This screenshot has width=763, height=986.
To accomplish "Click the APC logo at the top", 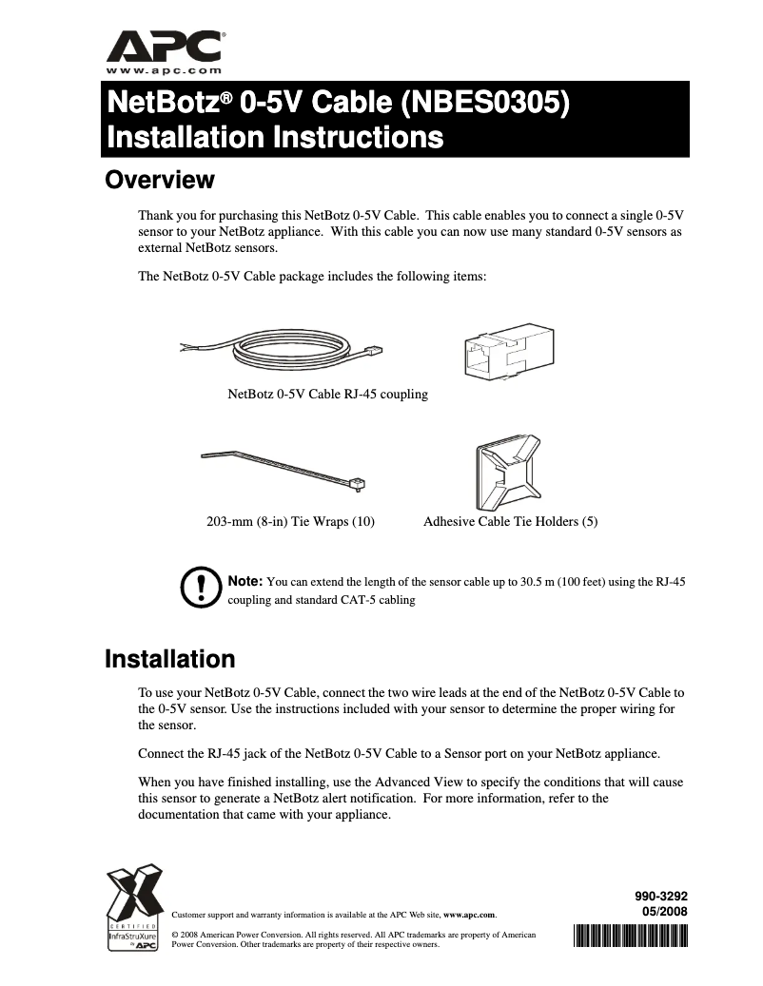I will (x=165, y=46).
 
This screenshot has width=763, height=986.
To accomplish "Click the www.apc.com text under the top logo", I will (x=164, y=70).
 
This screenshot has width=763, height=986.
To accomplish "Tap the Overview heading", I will (x=159, y=180).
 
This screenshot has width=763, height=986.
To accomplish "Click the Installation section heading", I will (x=169, y=659).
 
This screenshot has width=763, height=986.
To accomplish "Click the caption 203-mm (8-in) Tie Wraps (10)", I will (x=290, y=522).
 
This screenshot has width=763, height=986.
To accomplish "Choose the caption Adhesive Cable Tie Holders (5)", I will (x=510, y=522).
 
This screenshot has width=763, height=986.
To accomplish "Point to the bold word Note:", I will (x=245, y=581).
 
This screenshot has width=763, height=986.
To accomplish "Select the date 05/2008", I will (x=664, y=911).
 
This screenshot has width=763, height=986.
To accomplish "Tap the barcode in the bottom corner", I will (x=631, y=935).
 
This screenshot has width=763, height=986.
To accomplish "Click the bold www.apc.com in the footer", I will (x=469, y=915).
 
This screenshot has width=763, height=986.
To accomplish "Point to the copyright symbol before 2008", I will (x=173, y=936).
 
